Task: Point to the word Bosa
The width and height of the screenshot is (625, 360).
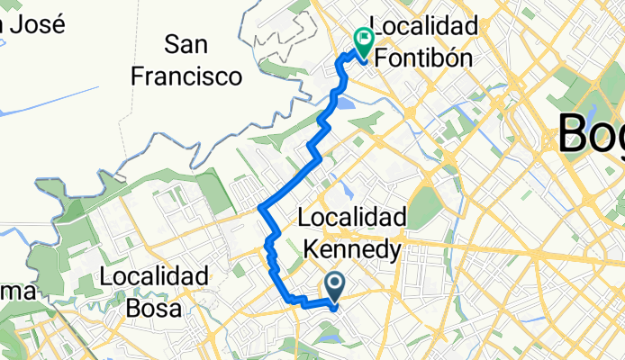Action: [156, 307]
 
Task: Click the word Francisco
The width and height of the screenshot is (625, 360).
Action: [187, 75]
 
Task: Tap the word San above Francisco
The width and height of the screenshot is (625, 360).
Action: [186, 43]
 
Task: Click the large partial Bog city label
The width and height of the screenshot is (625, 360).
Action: [591, 133]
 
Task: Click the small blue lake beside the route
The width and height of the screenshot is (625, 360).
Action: [349, 106]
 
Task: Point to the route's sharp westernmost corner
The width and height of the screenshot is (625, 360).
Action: [259, 208]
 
